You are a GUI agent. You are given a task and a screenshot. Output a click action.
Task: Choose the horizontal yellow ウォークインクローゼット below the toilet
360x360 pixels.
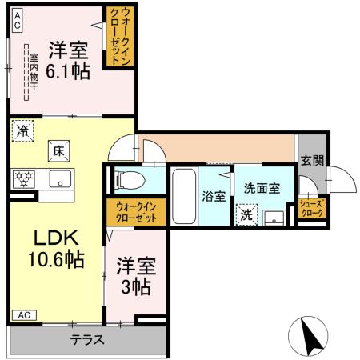pyautogui.click(x=135, y=212)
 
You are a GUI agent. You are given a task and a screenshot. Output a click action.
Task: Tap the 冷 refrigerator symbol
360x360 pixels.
pyautogui.click(x=22, y=130)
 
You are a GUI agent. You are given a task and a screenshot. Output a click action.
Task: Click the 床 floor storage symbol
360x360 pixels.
pyautogui.click(x=58, y=150)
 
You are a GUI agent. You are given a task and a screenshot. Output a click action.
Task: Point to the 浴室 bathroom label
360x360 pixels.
pyautogui.click(x=213, y=196)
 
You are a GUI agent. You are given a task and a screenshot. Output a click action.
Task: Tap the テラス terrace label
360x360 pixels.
pyautogui.click(x=86, y=339)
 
